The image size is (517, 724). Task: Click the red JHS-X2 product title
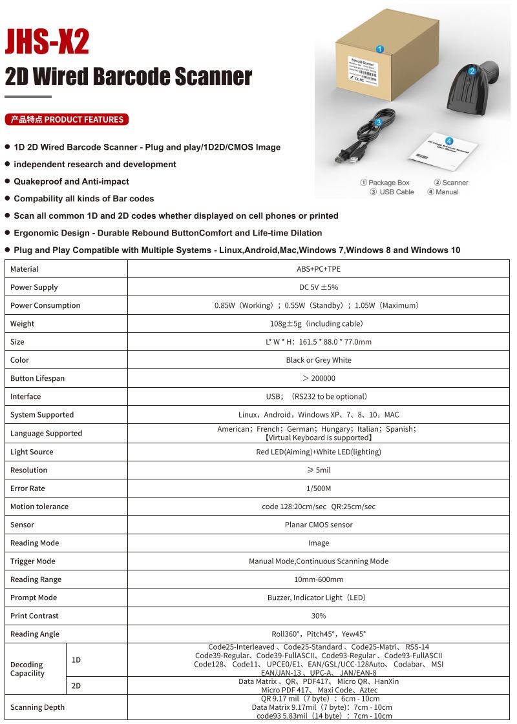tap(47, 43)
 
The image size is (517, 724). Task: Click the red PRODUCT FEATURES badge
tap(67, 119)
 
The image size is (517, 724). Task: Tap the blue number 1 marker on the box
tap(380, 49)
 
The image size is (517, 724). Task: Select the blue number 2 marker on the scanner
tap(472, 71)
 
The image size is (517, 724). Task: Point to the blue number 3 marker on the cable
tap(378, 123)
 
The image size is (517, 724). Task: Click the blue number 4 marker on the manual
tap(448, 141)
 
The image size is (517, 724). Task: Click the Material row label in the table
tap(25, 269)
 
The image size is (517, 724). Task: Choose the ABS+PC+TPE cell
tap(319, 269)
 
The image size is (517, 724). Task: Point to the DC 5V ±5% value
tap(319, 287)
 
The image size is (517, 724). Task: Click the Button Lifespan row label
tap(37, 378)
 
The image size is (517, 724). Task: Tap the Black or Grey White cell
tap(319, 360)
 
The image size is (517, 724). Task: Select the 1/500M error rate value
tap(319, 488)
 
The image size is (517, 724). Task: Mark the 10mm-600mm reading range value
tap(319, 579)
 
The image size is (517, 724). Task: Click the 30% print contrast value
tap(319, 616)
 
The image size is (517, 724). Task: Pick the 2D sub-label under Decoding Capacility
tap(76, 686)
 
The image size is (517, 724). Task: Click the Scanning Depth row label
tap(37, 707)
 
